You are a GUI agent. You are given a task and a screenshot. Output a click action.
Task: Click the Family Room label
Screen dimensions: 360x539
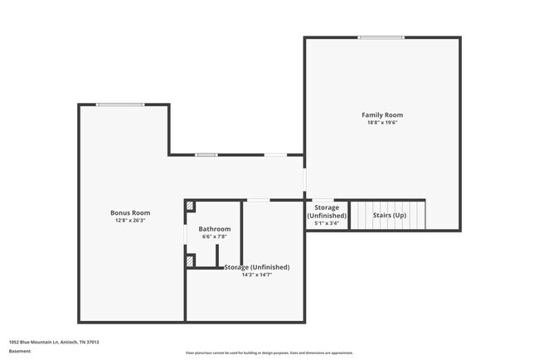click(x=382, y=114)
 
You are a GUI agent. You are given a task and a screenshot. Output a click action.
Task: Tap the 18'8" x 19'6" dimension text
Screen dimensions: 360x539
click(x=382, y=123)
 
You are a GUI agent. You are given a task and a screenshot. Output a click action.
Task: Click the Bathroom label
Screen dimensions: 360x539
click(x=214, y=229)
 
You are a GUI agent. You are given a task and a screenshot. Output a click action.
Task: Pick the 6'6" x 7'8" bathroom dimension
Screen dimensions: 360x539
click(x=214, y=237)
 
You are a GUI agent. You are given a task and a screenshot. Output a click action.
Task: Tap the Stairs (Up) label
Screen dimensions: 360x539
click(x=389, y=216)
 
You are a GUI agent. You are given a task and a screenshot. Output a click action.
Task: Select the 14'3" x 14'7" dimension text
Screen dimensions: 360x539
click(x=256, y=275)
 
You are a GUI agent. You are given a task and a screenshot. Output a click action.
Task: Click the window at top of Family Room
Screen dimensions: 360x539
click(x=381, y=37)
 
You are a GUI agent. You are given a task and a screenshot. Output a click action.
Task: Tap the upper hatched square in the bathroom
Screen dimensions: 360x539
click(x=190, y=206)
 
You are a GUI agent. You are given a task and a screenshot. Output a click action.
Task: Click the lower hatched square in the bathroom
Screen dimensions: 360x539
click(x=190, y=260)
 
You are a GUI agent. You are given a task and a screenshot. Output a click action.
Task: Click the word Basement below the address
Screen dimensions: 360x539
click(x=20, y=351)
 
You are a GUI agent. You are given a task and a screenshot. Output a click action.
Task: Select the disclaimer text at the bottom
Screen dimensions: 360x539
click(x=269, y=353)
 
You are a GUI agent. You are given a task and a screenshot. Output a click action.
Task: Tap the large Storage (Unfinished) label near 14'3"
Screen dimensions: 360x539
click(x=257, y=267)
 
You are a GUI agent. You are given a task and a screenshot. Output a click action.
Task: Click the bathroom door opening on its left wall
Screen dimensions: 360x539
click(x=184, y=234)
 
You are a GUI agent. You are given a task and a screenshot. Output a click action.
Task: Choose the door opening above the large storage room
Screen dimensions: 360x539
click(x=259, y=200)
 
